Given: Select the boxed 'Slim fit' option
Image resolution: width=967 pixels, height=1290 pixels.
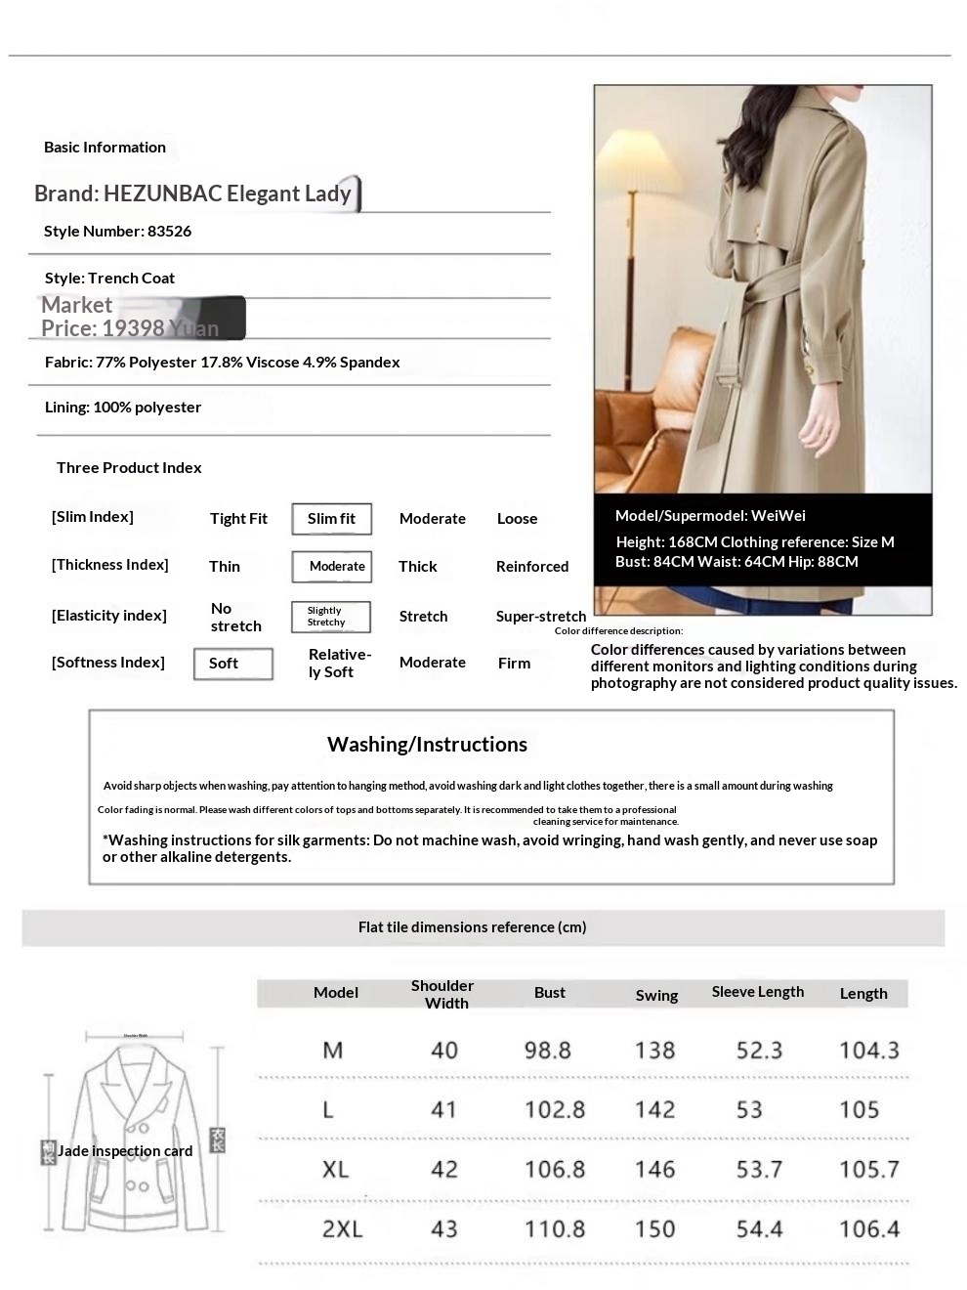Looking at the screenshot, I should pyautogui.click(x=331, y=519).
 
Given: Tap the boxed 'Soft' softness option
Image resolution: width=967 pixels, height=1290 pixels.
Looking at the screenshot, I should pyautogui.click(x=232, y=664).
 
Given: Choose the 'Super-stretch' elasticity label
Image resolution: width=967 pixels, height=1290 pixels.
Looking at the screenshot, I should pyautogui.click(x=540, y=617).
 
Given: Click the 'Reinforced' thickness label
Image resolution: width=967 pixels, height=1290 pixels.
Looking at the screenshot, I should pyautogui.click(x=531, y=567).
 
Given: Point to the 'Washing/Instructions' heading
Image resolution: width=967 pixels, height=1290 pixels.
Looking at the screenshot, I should pyautogui.click(x=427, y=745).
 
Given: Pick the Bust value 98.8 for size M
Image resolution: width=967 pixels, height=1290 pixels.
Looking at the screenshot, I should pyautogui.click(x=547, y=1051).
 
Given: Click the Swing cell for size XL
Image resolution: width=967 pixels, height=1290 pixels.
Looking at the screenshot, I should pyautogui.click(x=654, y=1170).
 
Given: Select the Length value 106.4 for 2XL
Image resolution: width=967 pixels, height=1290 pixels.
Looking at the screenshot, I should pyautogui.click(x=868, y=1229).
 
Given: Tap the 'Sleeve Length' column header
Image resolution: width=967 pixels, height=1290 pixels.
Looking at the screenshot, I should pyautogui.click(x=757, y=992).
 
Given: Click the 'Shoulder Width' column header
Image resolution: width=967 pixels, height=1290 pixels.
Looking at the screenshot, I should pyautogui.click(x=441, y=994).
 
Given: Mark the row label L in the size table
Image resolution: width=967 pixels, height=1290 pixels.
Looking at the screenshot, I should pyautogui.click(x=328, y=1110).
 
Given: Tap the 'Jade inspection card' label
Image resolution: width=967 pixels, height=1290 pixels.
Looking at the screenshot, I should pyautogui.click(x=124, y=1151).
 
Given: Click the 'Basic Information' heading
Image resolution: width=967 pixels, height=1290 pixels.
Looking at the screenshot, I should pyautogui.click(x=105, y=148).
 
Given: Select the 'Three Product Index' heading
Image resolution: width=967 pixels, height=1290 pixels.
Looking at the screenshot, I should pyautogui.click(x=129, y=468).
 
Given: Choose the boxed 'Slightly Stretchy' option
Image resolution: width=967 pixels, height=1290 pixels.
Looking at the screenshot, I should pyautogui.click(x=331, y=617).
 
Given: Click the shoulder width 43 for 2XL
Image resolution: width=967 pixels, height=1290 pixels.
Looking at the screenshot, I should pyautogui.click(x=443, y=1229).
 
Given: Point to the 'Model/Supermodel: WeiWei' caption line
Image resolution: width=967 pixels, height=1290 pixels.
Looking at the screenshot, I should pyautogui.click(x=710, y=516).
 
